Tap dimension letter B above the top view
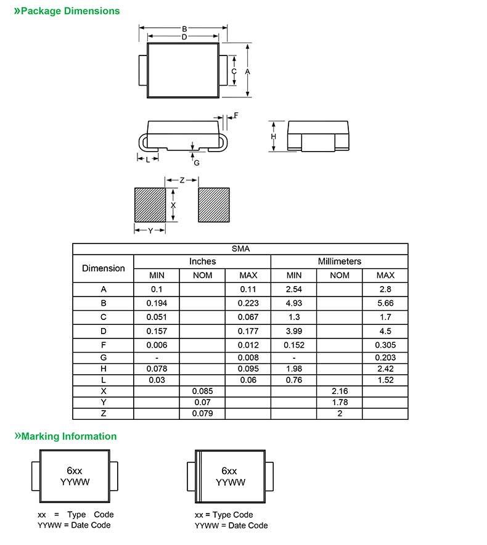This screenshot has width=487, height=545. pyautogui.click(x=184, y=28)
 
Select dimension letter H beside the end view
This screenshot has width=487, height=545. pyautogui.click(x=274, y=136)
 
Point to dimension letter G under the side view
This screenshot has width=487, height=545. pyautogui.click(x=197, y=163)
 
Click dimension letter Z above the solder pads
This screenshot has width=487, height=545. pyautogui.click(x=182, y=180)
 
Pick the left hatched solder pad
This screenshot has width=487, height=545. pyautogui.click(x=150, y=205)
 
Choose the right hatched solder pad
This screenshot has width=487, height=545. pyautogui.click(x=214, y=205)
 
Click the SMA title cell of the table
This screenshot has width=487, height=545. pyautogui.click(x=240, y=248)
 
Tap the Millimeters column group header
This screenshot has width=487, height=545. pyautogui.click(x=339, y=261)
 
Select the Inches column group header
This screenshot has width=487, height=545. pyautogui.click(x=202, y=261)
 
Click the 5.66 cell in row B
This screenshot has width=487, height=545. pyautogui.click(x=385, y=303)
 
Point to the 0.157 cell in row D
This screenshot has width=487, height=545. pyautogui.click(x=157, y=331)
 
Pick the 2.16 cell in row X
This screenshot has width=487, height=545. pyautogui.click(x=340, y=391)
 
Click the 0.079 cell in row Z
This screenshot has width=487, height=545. pyautogui.click(x=202, y=413)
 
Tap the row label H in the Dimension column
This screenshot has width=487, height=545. pyautogui.click(x=104, y=369)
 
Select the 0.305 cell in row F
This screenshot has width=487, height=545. pyautogui.click(x=385, y=345)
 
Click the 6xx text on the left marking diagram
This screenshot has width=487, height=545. pyautogui.click(x=75, y=470)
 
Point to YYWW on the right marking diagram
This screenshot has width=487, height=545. pyautogui.click(x=231, y=483)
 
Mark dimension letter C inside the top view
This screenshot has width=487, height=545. pyautogui.click(x=234, y=72)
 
